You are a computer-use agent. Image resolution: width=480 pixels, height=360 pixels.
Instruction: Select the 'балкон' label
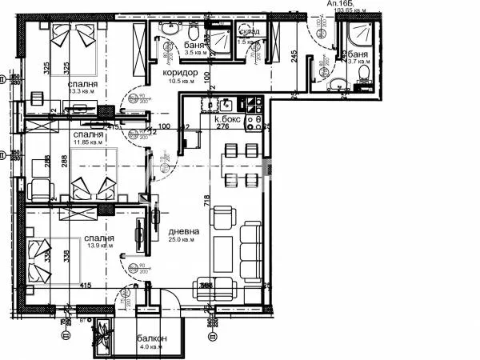(x=151, y=338)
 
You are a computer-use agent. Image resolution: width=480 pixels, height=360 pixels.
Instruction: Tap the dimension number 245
(x=294, y=55)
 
